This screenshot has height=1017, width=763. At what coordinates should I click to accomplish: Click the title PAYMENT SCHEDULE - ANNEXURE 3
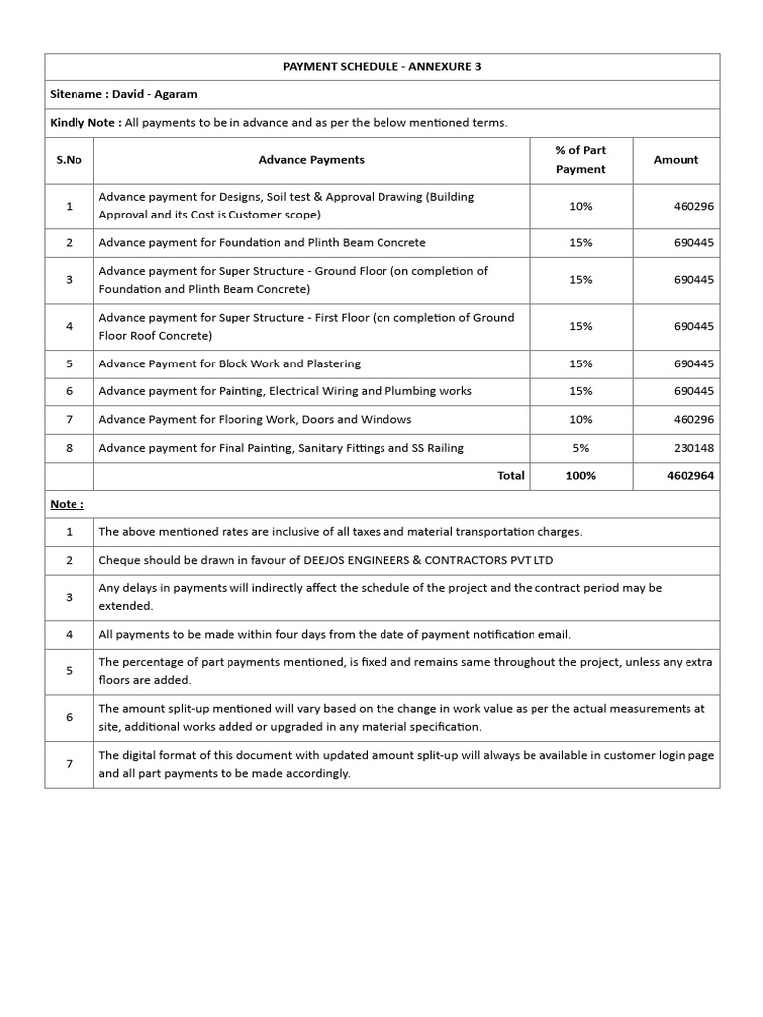[x=381, y=67]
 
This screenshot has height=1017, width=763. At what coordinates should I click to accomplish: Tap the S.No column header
[x=69, y=160]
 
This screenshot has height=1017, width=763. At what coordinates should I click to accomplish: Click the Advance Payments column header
[x=311, y=160]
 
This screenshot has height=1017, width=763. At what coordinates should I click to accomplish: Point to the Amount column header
[x=676, y=160]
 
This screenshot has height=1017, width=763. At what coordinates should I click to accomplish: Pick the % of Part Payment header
[x=580, y=160]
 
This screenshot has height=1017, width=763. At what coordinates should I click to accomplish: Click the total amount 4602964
[x=689, y=476]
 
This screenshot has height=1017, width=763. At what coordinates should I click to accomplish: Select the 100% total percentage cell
[x=580, y=476]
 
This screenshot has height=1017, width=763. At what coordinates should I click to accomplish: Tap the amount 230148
[x=693, y=448]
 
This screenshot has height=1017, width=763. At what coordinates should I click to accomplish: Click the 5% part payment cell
[x=580, y=448]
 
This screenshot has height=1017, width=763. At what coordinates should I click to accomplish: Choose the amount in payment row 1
[x=693, y=206]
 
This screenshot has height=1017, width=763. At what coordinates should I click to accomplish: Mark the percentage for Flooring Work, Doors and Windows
[x=580, y=420]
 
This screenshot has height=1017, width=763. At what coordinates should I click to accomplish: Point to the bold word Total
[x=510, y=476]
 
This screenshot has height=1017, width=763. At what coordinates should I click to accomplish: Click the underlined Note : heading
[x=68, y=504]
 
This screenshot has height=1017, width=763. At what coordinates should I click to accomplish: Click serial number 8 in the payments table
[x=69, y=448]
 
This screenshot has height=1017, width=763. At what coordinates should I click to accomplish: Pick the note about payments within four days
[x=335, y=634]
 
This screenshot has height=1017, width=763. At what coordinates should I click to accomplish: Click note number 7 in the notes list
[x=69, y=764]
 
